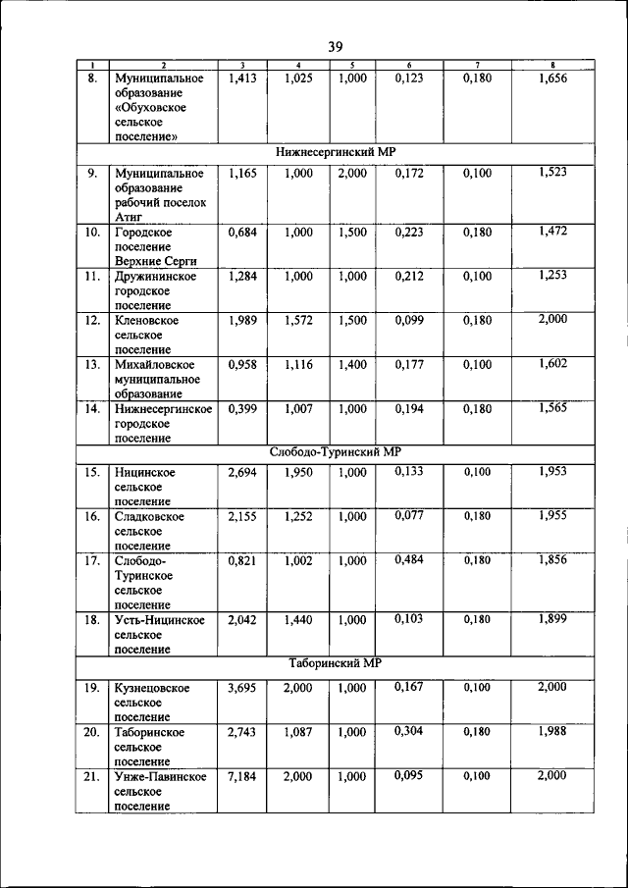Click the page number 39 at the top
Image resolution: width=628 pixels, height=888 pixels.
click(x=334, y=46)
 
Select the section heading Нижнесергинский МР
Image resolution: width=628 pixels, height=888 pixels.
click(x=335, y=152)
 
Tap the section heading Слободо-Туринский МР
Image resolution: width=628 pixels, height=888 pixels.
click(x=335, y=452)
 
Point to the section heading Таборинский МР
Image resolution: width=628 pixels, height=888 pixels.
click(x=335, y=663)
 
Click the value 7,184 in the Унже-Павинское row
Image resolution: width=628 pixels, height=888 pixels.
click(x=241, y=777)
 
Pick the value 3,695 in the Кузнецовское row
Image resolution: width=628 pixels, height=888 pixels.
click(x=241, y=688)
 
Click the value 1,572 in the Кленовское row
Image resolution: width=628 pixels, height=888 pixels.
click(x=298, y=321)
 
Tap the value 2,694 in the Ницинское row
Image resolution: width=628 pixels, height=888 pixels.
click(x=241, y=473)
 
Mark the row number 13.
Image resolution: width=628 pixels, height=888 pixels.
click(x=91, y=365)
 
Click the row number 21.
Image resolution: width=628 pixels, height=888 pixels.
click(x=91, y=777)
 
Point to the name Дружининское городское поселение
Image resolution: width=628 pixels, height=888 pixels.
click(x=155, y=291)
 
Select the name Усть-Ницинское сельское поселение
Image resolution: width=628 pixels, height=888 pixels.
click(x=159, y=635)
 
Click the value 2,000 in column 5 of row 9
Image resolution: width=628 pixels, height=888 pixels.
click(x=351, y=174)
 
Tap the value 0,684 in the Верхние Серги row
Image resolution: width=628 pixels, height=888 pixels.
click(x=241, y=233)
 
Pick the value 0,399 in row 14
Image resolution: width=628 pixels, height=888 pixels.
click(x=241, y=409)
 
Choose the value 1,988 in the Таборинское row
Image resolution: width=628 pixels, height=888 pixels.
click(x=552, y=731)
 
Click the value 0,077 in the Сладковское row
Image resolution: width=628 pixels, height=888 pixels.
click(x=409, y=515)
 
